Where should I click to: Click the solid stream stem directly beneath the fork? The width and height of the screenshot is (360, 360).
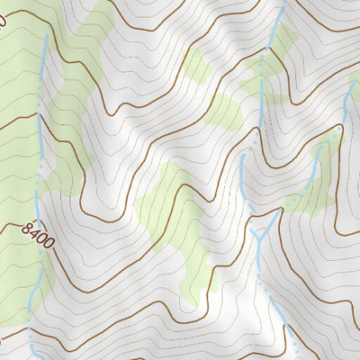click(x=258, y=252)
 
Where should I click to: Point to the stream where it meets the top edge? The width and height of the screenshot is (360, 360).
click(x=282, y=3)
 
